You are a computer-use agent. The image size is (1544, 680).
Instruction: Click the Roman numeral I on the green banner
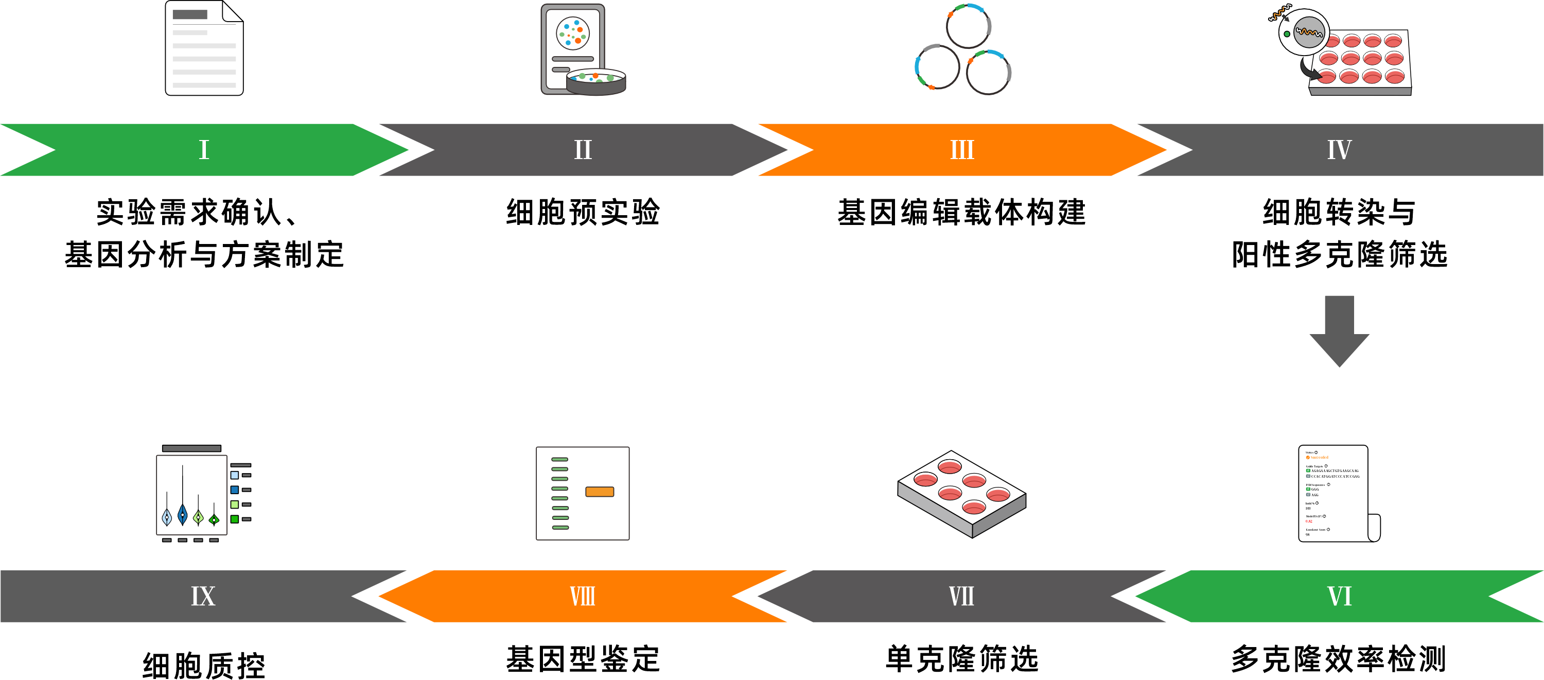pyautogui.click(x=204, y=150)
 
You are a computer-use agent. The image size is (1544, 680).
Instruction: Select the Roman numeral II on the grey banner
pyautogui.click(x=583, y=150)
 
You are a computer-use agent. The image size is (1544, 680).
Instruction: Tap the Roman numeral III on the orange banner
pyautogui.click(x=962, y=150)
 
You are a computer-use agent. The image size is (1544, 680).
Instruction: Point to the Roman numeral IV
pyautogui.click(x=1339, y=150)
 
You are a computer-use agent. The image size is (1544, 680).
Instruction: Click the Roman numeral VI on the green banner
pyautogui.click(x=1339, y=596)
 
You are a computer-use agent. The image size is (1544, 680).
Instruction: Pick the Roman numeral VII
pyautogui.click(x=961, y=596)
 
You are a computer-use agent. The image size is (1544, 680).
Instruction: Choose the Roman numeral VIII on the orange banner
pyautogui.click(x=583, y=596)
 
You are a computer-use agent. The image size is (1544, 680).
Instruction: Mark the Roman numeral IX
pyautogui.click(x=203, y=596)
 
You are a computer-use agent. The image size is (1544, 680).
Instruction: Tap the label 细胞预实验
pyautogui.click(x=583, y=212)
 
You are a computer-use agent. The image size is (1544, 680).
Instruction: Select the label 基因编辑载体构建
pyautogui.click(x=961, y=212)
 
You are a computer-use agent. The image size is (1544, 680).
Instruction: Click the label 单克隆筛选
pyautogui.click(x=961, y=658)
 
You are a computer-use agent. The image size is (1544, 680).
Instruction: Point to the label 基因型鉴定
pyautogui.click(x=583, y=658)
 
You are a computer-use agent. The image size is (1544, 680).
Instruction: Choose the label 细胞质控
pyautogui.click(x=204, y=665)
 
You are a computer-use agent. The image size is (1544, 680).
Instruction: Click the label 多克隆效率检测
pyautogui.click(x=1339, y=658)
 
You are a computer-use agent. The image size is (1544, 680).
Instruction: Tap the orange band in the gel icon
pyautogui.click(x=600, y=492)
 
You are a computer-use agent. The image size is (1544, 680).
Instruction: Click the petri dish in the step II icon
pyautogui.click(x=596, y=82)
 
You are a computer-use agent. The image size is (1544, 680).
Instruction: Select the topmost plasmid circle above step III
pyautogui.click(x=968, y=26)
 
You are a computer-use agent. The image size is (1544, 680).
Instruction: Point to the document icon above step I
pyautogui.click(x=204, y=48)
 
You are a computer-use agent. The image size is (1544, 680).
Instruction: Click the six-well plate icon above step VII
pyautogui.click(x=961, y=494)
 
